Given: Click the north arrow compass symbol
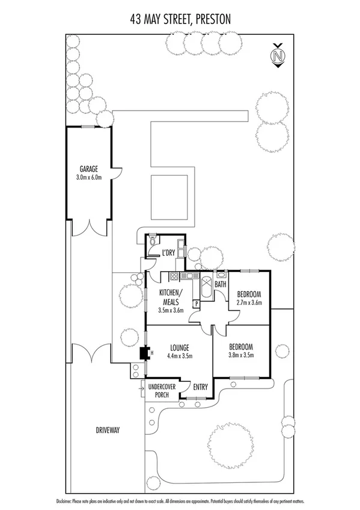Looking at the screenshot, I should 277,56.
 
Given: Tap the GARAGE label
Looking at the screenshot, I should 88,169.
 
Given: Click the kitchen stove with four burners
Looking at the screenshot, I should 175,277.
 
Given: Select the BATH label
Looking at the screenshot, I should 221,284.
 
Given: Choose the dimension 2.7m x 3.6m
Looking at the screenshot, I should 249,303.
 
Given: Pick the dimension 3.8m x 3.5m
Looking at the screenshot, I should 241,355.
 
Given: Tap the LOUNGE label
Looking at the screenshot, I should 180,348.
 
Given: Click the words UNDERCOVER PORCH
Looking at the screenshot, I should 162,392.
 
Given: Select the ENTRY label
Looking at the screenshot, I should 200,387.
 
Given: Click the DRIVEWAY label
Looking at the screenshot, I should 108,430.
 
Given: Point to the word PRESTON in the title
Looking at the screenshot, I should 208,20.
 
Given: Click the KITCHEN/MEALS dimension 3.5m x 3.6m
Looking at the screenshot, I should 171,310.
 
